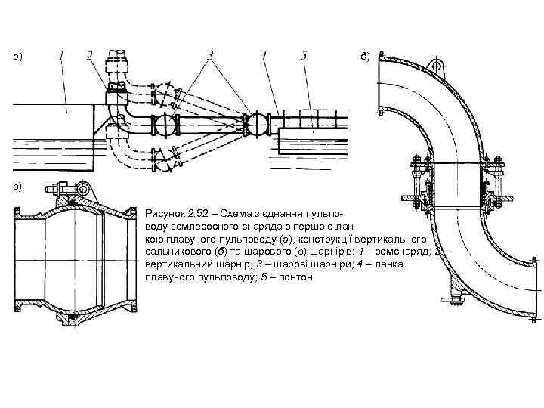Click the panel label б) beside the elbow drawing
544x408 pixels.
coord(365,57)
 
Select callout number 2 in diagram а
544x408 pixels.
coord(90,56)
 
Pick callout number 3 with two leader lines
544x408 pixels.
coord(210,56)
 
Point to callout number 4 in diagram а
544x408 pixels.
coord(264,56)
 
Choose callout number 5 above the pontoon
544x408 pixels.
coord(303,56)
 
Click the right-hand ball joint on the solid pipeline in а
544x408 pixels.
coord(257,124)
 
